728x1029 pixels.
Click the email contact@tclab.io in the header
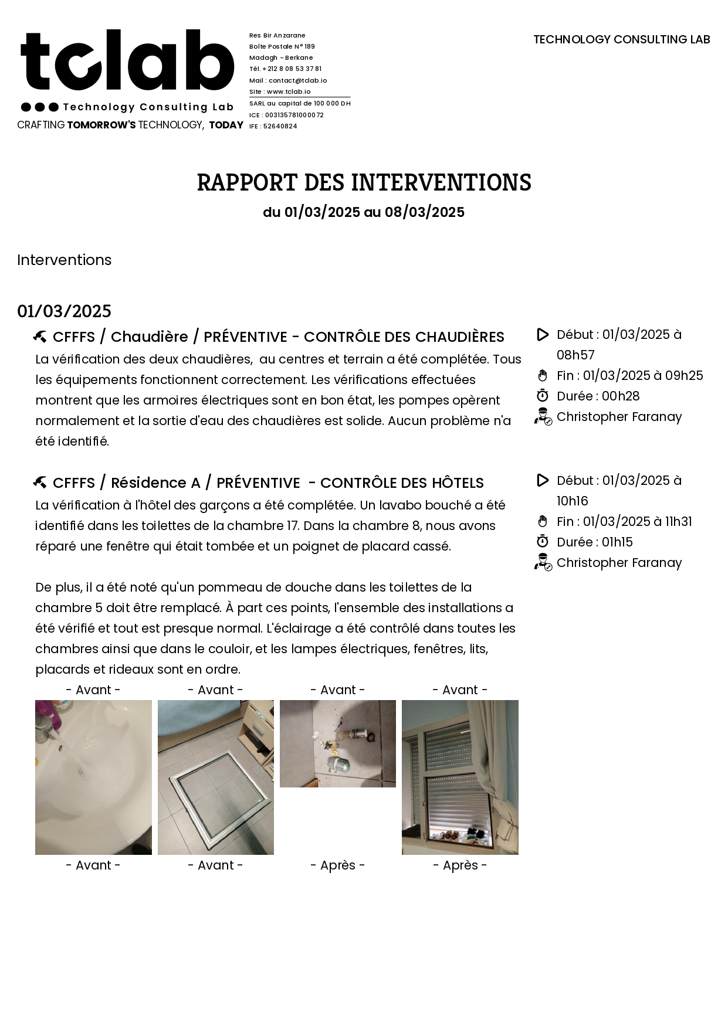coord(288,80)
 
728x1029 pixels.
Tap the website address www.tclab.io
coord(280,91)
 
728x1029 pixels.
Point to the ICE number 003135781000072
coord(286,115)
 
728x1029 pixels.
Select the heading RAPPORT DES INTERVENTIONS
coord(364,182)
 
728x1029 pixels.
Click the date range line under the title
coord(364,212)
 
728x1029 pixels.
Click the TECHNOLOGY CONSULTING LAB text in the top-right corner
coord(621,39)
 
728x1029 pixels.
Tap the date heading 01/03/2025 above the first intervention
coord(64,311)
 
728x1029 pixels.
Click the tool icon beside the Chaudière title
coord(40,337)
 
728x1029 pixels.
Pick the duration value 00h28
coord(621,396)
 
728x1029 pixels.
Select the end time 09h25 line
coord(629,376)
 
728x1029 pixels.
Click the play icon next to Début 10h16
coord(543,481)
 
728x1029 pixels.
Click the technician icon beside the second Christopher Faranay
coord(543,563)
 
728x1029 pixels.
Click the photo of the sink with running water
coord(93,777)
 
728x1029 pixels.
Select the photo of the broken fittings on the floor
coord(337,743)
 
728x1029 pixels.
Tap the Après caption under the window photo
coord(460,865)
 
